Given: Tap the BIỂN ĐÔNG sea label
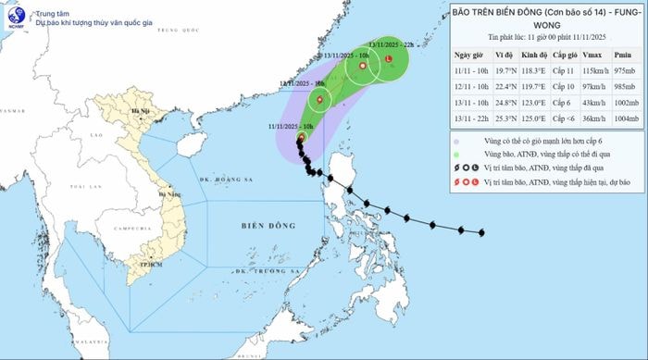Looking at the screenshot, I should (x=268, y=225).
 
